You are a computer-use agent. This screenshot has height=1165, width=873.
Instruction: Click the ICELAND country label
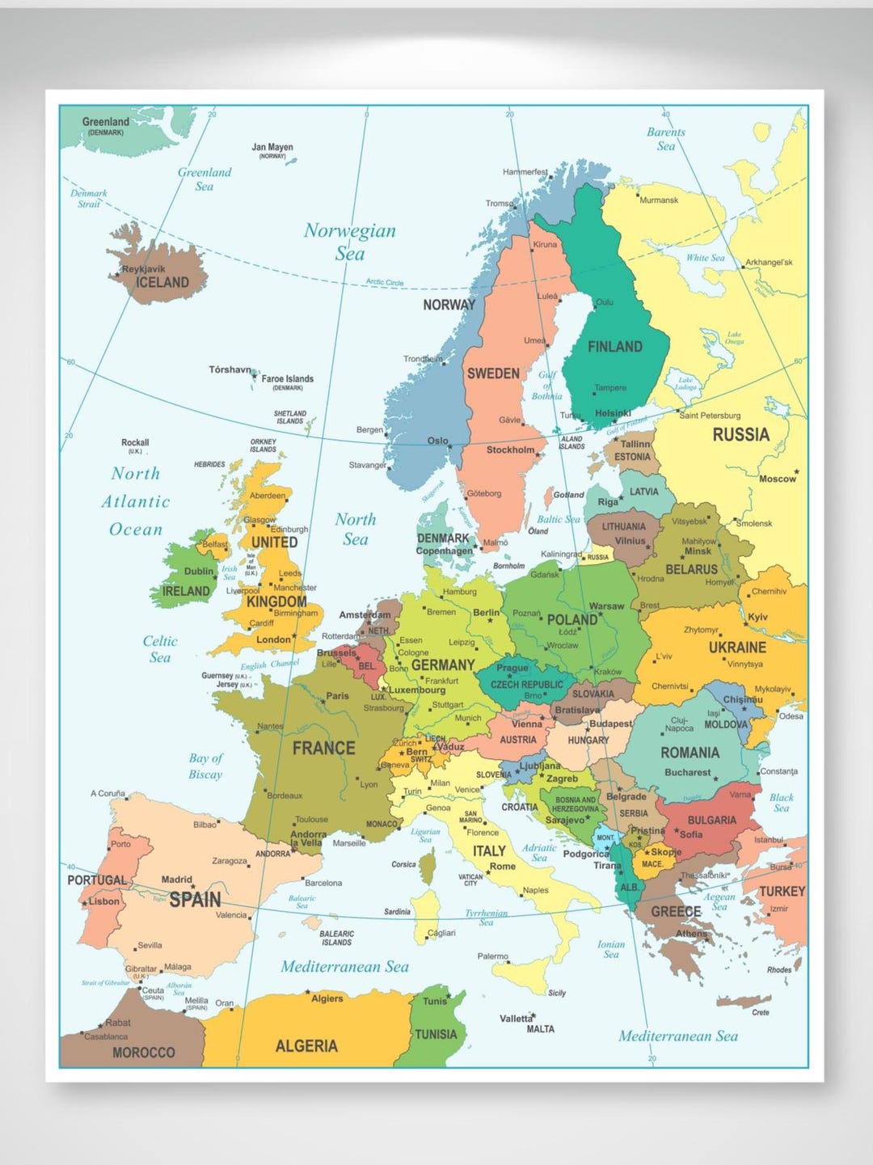(162, 282)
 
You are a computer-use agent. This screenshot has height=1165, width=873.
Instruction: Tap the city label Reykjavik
(143, 268)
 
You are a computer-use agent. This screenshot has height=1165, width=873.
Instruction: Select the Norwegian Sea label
(350, 242)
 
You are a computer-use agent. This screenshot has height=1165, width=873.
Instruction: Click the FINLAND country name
(614, 347)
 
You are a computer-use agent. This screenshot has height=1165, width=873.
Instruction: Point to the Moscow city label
(777, 479)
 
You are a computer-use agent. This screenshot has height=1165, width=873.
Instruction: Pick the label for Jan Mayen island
(272, 148)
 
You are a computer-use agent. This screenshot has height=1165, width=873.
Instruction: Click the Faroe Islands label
(287, 378)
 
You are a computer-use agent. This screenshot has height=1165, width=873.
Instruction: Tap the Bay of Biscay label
(205, 766)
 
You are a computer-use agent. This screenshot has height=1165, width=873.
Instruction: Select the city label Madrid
(176, 880)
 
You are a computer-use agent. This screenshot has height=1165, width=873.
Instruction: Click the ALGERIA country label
(306, 1046)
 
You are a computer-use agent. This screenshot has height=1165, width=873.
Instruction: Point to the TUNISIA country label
(436, 1034)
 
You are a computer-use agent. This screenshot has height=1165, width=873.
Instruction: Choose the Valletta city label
(516, 1019)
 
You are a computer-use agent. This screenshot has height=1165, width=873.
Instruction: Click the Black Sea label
(781, 802)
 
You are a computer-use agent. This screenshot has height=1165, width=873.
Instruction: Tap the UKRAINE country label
(737, 648)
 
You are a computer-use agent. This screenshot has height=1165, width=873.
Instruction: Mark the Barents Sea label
(665, 139)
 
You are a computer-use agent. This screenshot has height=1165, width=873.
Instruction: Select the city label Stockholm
(509, 450)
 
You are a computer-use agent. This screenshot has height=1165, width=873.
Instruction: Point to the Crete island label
(761, 1012)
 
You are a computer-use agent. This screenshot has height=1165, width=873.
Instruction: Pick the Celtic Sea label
(160, 648)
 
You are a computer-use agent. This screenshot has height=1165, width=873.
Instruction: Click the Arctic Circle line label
(385, 282)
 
